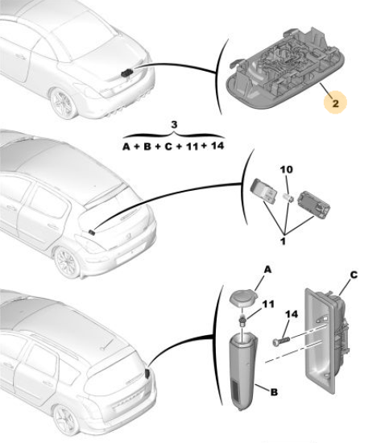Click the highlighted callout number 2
point(335,103)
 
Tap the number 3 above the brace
point(174,125)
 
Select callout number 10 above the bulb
point(286,169)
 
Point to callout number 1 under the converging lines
point(283,242)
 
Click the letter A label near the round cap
point(267,270)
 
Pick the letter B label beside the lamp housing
point(274,392)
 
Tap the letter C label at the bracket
point(354,275)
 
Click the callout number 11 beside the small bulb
point(268,304)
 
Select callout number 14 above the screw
point(292,314)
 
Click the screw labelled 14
point(281,340)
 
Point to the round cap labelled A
point(244,298)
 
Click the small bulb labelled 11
point(242,321)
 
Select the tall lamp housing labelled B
point(244,371)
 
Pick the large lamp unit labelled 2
point(285,71)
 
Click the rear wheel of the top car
point(63,103)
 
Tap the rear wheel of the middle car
point(67,263)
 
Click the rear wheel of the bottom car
point(66,421)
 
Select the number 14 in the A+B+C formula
point(217,146)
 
